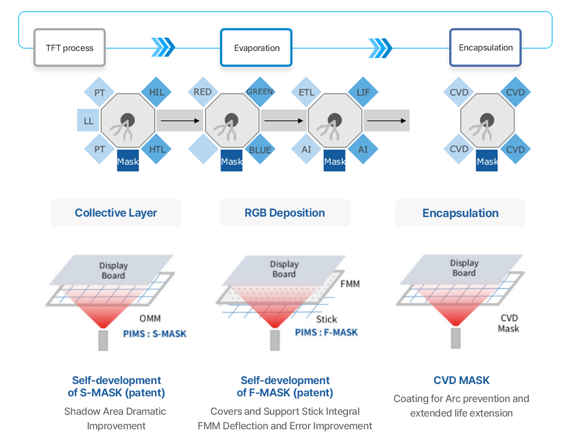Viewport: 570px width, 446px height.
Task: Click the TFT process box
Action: [69, 47]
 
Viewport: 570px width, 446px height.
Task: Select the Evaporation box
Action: [256, 47]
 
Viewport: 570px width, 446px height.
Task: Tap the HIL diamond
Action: [156, 92]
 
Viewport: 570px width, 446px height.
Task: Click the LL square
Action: [88, 120]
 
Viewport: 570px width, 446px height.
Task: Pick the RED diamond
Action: [203, 92]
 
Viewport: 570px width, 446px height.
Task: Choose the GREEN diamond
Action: [260, 92]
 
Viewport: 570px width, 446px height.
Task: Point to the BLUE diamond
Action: [260, 149]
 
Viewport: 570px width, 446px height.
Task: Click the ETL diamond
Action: [306, 92]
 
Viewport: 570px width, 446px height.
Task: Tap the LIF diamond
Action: [363, 92]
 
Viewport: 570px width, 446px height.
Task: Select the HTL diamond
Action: [156, 149]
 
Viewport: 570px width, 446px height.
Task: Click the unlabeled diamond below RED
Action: [203, 149]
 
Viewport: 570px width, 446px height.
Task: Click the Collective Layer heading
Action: [116, 213]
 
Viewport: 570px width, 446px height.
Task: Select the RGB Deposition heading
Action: [285, 213]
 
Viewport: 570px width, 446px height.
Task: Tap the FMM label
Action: [350, 284]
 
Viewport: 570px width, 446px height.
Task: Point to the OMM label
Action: [150, 319]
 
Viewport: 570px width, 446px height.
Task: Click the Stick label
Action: [327, 319]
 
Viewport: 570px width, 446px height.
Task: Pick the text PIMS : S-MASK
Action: [155, 334]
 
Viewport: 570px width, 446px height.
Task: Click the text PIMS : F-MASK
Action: [326, 332]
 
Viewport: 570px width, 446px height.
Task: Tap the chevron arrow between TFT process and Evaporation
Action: [163, 47]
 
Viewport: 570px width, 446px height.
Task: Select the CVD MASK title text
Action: [462, 381]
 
